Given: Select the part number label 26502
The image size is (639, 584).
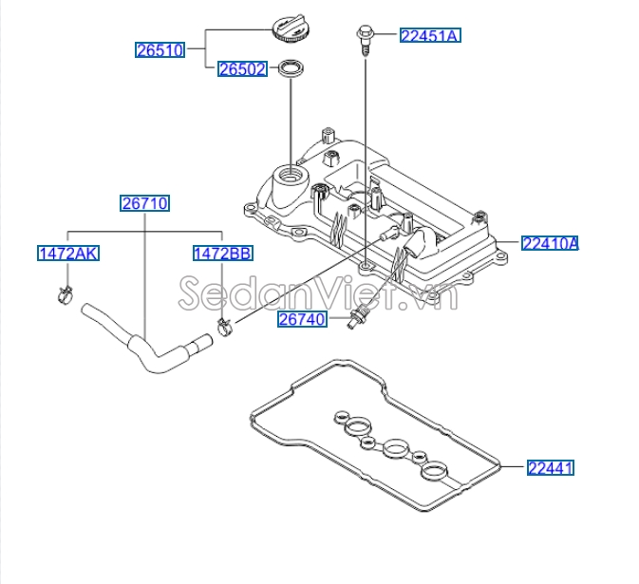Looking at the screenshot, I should pos(242,69).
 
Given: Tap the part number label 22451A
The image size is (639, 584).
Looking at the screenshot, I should pos(429,36).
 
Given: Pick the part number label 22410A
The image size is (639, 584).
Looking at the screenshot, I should pos(550,243).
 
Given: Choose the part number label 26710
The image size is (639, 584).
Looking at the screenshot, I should pos(144,202).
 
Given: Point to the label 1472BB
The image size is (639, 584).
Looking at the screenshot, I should pos(222,253).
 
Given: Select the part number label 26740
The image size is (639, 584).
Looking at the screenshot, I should pos(302,320).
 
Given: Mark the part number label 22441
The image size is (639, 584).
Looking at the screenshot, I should pos(552,467).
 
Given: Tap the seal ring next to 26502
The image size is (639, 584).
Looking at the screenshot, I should pos(291,70).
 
